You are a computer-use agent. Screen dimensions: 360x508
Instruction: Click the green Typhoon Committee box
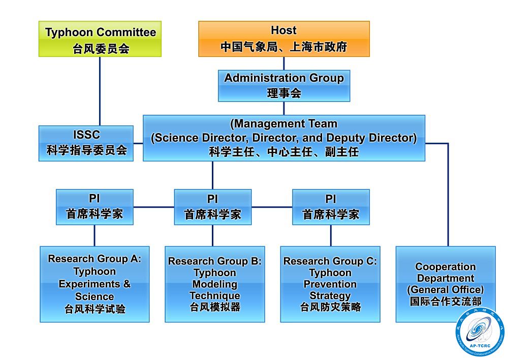(x=100, y=39)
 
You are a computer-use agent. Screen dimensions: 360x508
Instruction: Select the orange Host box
(x=283, y=39)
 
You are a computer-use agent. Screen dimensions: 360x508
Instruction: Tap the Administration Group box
(x=284, y=85)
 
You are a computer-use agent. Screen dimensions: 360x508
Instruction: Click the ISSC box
(x=86, y=143)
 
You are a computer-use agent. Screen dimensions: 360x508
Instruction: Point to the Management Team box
(x=283, y=138)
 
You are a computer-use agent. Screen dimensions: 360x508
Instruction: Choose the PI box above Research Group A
(x=94, y=207)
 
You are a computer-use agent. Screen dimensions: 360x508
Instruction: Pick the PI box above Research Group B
(x=212, y=207)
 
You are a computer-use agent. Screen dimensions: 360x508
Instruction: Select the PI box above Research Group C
(x=331, y=207)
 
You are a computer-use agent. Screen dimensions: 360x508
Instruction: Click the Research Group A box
(x=94, y=284)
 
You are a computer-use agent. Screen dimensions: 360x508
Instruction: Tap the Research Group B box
(x=214, y=284)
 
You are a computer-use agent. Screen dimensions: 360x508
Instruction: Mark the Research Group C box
(x=330, y=284)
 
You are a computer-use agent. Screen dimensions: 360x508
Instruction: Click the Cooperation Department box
(x=446, y=284)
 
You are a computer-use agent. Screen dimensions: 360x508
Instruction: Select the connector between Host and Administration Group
(x=283, y=63)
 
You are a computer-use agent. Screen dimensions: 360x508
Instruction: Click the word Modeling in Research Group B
(x=214, y=284)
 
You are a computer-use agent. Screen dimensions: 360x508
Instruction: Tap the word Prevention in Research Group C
(x=330, y=284)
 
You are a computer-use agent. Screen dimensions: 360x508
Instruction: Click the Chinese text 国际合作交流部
(x=446, y=301)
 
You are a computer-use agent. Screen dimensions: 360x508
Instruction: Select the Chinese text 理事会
(x=284, y=93)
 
